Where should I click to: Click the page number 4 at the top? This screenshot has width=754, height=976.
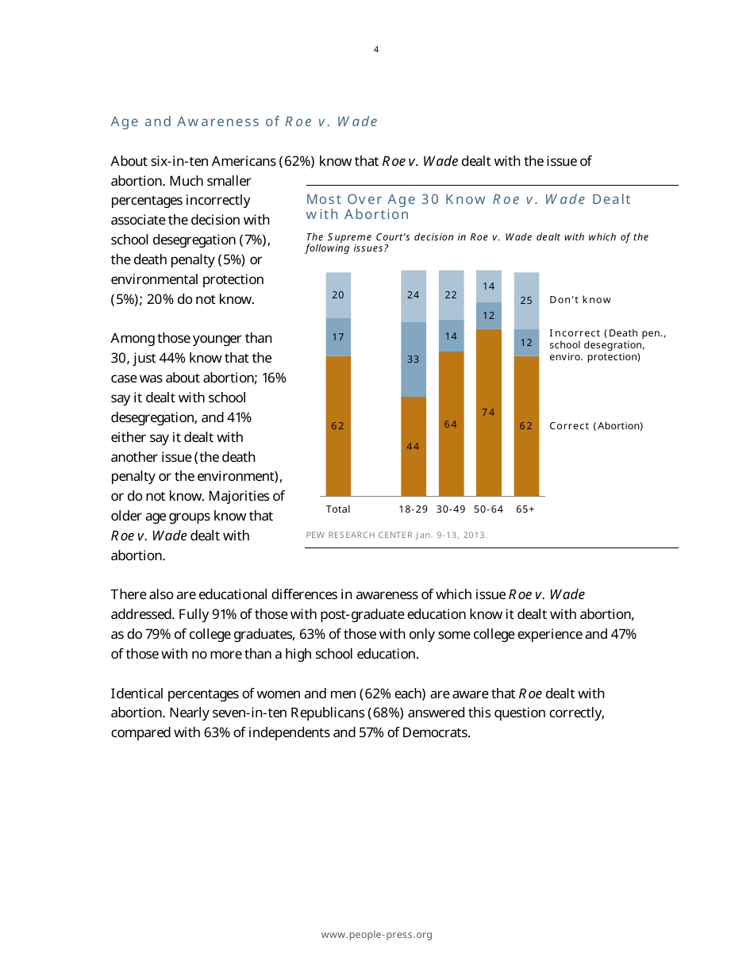point(376,50)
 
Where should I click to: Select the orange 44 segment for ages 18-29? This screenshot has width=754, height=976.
point(414,446)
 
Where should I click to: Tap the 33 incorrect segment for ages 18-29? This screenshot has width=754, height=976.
point(414,359)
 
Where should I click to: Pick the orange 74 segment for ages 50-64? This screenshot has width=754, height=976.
point(488,412)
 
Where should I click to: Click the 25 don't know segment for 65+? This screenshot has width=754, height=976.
point(526,300)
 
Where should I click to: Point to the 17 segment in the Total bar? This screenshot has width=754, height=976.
point(338,336)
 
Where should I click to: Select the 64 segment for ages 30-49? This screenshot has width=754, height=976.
point(451,424)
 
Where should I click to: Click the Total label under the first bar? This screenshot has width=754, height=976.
point(338,509)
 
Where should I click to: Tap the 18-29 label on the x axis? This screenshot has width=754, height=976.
point(414,509)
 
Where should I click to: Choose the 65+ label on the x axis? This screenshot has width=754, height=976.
point(525,509)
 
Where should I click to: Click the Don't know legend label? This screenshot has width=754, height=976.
point(580,300)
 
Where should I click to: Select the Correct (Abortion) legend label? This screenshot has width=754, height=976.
point(596,426)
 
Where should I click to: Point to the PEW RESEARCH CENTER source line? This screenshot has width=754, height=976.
point(396,535)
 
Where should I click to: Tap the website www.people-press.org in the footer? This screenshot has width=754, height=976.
point(376,935)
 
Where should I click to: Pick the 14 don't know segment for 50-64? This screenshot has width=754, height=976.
point(489,286)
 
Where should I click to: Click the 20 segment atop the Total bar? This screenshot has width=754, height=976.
point(338,294)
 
